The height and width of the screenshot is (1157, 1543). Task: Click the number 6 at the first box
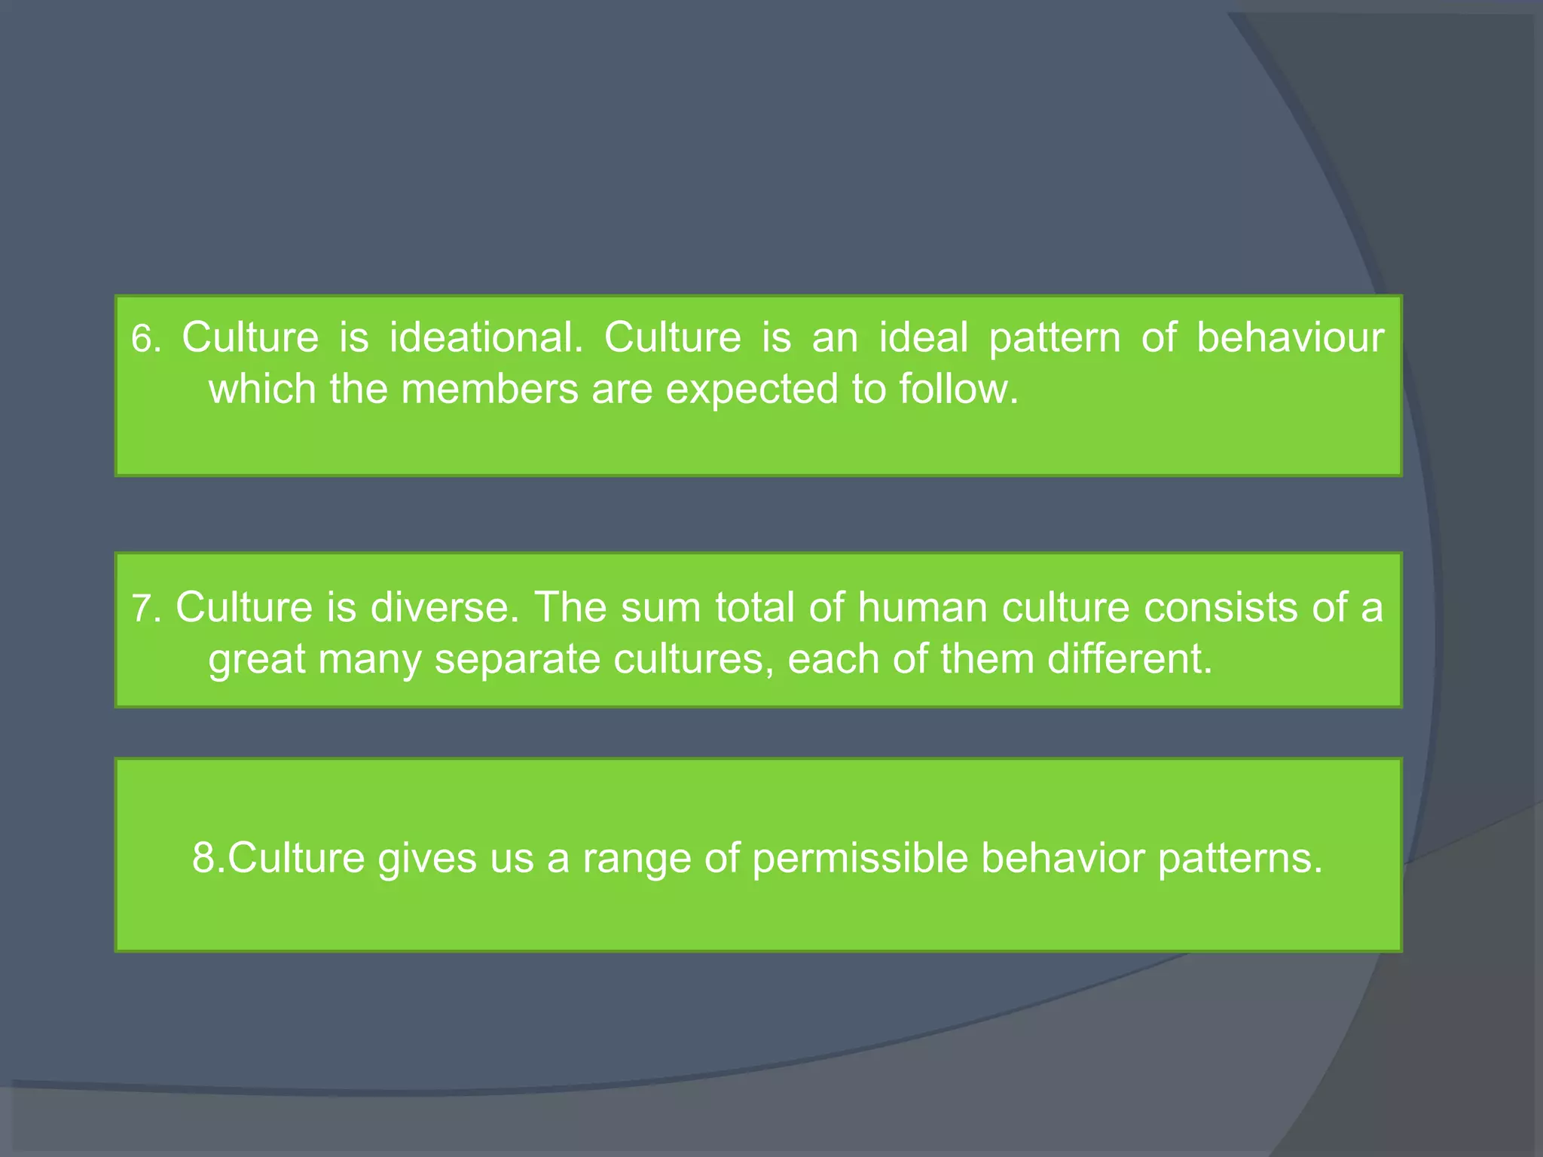tap(142, 339)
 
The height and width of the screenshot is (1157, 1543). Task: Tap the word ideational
tap(486, 337)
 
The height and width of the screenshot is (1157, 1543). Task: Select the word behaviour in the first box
tap(1290, 337)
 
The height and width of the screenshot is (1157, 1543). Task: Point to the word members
tap(490, 389)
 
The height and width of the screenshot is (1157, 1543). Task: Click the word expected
tap(752, 389)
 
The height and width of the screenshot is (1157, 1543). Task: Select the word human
tap(923, 607)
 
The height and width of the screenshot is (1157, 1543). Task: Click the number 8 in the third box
tap(204, 858)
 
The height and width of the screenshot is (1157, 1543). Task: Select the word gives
tap(427, 859)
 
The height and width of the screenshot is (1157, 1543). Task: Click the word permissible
tap(860, 858)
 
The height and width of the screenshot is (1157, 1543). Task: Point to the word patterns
tap(1239, 859)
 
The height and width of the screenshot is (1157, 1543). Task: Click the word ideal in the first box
tap(924, 337)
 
